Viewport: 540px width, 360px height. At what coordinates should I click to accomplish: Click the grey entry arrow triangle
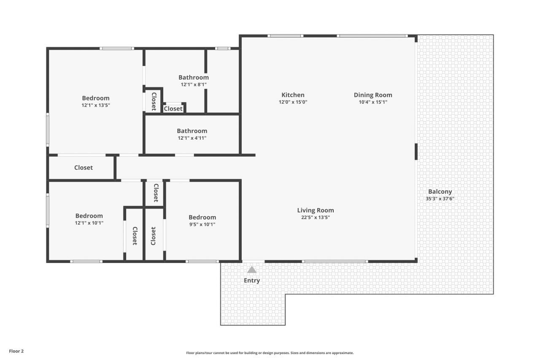(x=252, y=270)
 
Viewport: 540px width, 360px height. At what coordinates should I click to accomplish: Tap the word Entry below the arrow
(x=252, y=281)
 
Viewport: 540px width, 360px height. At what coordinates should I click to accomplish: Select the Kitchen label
(x=293, y=95)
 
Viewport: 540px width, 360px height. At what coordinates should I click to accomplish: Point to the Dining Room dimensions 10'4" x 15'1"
(x=373, y=102)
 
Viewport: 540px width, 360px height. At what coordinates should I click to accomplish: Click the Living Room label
(x=316, y=210)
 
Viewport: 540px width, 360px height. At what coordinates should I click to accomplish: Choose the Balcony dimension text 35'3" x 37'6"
(x=440, y=199)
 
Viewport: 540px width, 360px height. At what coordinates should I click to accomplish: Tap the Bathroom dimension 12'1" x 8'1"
(x=194, y=85)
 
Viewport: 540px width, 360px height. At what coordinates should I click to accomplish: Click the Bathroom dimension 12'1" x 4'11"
(x=192, y=138)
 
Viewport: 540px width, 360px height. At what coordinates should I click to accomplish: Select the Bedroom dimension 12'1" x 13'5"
(x=96, y=105)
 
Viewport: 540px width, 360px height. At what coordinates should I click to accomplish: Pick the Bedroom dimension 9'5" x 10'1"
(x=202, y=225)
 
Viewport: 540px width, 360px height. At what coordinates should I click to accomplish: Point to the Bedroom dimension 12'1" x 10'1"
(x=89, y=223)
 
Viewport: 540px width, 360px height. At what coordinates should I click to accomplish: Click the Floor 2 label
(x=16, y=351)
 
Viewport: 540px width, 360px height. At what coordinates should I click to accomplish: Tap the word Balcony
(x=440, y=192)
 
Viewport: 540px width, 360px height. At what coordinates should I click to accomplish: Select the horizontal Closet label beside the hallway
(x=84, y=168)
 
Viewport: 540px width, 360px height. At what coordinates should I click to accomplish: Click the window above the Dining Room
(x=372, y=36)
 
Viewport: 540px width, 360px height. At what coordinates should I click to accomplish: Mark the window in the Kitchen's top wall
(x=286, y=36)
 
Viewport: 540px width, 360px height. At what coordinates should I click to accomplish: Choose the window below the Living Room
(x=335, y=261)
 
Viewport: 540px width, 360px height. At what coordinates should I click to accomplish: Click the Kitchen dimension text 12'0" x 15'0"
(x=293, y=102)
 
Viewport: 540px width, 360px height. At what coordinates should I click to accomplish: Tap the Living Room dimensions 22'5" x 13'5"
(x=316, y=217)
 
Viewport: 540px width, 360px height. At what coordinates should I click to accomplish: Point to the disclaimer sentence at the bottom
(x=270, y=353)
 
